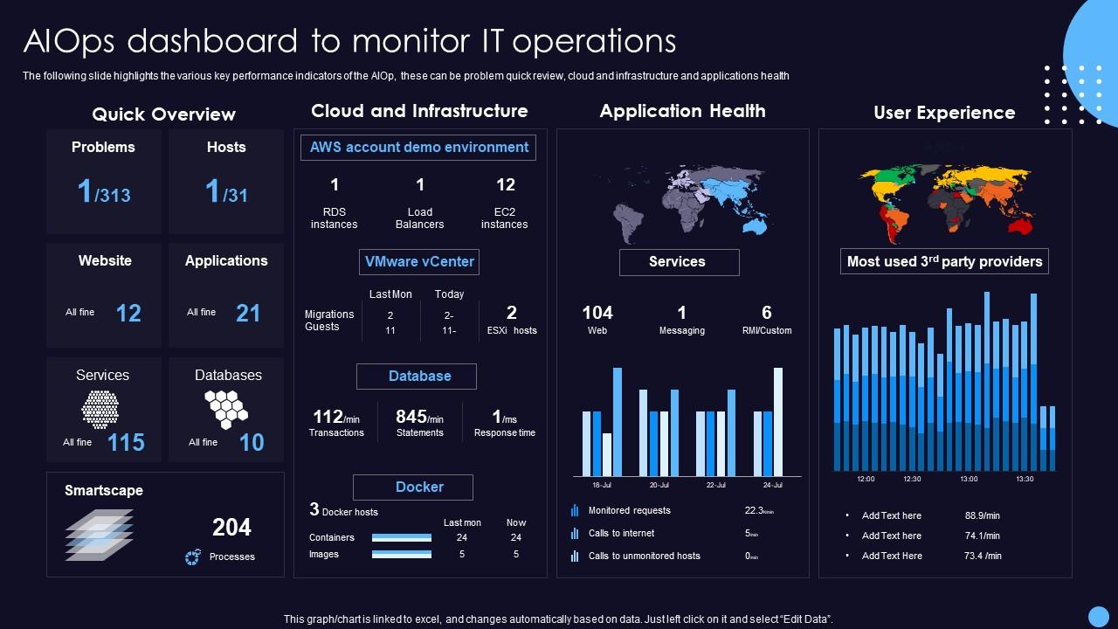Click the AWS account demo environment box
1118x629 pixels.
[x=419, y=148]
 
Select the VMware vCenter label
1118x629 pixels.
[x=419, y=261]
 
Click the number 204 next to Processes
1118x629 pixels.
[x=231, y=528]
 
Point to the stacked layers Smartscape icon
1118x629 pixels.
[x=99, y=534]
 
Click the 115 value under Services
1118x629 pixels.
[x=126, y=443]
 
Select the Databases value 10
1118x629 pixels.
[x=252, y=443]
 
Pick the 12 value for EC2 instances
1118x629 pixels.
[x=505, y=185]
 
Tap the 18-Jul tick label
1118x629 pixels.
[x=602, y=485]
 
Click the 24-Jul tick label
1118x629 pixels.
[x=771, y=485]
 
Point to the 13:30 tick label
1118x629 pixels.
[x=1025, y=479]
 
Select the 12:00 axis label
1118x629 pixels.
[x=866, y=479]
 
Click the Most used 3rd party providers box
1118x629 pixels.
[x=944, y=261]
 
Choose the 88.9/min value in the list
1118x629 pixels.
[x=983, y=516]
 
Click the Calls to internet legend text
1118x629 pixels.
[x=621, y=534]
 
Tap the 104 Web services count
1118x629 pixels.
[x=597, y=313]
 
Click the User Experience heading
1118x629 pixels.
[x=944, y=113]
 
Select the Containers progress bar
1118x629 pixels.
[x=402, y=538]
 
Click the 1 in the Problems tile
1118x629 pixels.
[x=85, y=190]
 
